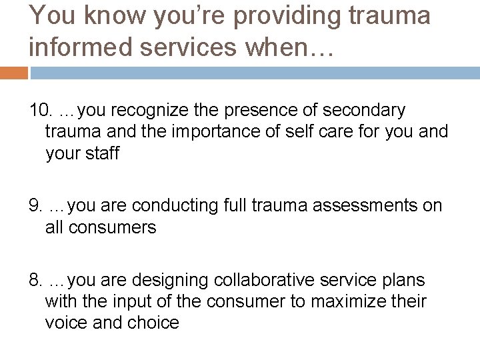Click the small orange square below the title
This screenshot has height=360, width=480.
[13, 72]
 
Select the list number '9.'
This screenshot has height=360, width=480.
[36, 205]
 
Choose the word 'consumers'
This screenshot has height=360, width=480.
[113, 228]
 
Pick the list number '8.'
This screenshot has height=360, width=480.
[36, 279]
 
